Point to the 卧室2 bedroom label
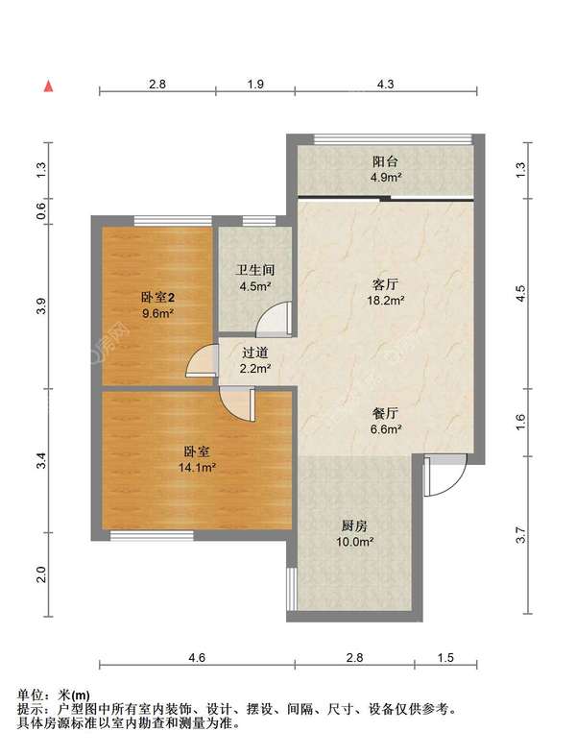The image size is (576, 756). pyautogui.click(x=157, y=297)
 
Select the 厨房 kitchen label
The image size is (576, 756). pyautogui.click(x=356, y=525)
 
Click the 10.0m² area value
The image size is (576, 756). pyautogui.click(x=356, y=542)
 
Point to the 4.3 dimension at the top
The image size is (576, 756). pyautogui.click(x=385, y=85)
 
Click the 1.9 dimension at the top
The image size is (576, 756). pyautogui.click(x=255, y=85)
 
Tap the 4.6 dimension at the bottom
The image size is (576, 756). pyautogui.click(x=197, y=657)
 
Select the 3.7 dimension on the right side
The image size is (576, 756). pyautogui.click(x=521, y=536)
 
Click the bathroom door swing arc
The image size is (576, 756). pyautogui.click(x=277, y=318)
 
